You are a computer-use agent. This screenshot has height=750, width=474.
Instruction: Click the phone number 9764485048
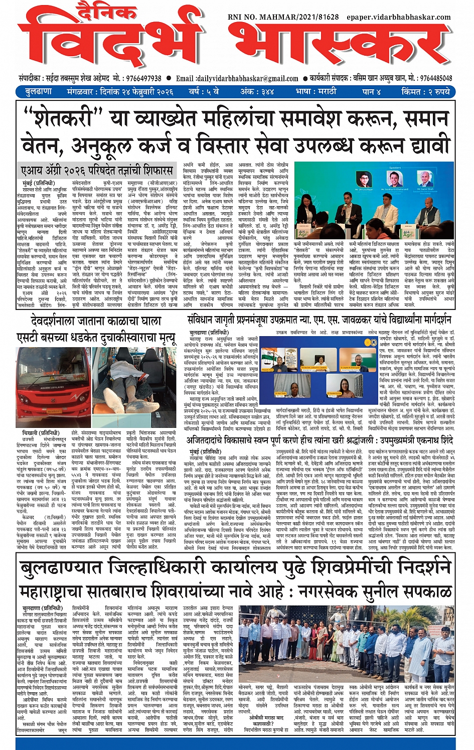436,78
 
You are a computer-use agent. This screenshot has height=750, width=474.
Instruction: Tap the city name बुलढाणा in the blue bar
38,92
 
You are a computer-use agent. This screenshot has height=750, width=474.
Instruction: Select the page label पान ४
371,92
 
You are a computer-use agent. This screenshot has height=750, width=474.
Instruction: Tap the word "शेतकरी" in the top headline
64,118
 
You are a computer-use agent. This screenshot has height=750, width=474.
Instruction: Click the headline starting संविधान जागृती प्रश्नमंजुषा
319,320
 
